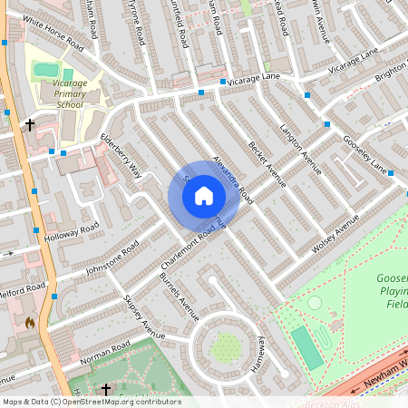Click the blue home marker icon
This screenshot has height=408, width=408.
204,195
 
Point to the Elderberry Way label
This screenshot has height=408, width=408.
121,155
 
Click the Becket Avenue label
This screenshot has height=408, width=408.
267,164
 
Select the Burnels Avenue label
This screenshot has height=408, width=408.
179,297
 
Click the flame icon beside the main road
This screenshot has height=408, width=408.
30,322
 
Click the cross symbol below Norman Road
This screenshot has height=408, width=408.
105,389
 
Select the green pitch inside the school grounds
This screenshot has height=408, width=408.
46,70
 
